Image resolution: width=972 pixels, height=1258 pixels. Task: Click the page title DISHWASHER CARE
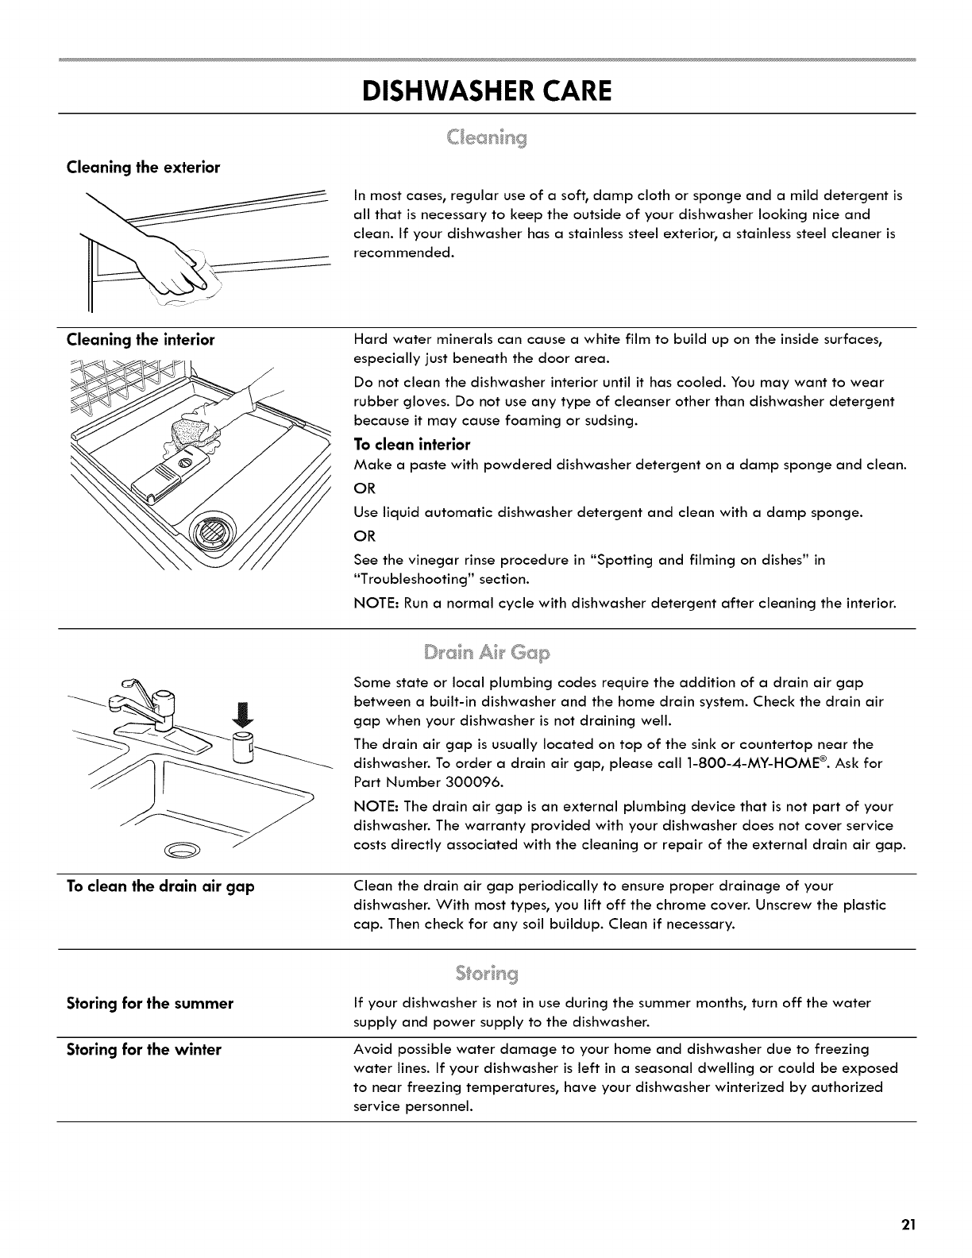point(486,91)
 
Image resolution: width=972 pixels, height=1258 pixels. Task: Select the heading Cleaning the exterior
point(143,168)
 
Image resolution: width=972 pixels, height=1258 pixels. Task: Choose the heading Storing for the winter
point(144,1049)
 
